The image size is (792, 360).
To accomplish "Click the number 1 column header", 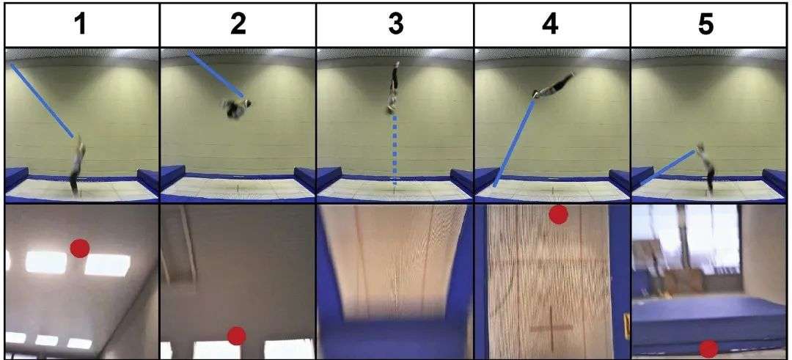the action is point(81,25).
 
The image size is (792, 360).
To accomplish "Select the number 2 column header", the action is point(238,25).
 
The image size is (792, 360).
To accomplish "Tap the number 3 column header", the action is point(396,25).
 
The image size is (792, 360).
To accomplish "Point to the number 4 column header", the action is point(551,25).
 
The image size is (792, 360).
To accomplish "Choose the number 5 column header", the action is point(706,25).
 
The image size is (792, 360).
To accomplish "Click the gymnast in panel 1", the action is point(77,166).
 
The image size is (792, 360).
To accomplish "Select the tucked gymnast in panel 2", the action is point(236,108).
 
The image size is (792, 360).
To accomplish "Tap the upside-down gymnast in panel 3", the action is point(393,87).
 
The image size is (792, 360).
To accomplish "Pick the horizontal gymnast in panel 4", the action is point(553,86).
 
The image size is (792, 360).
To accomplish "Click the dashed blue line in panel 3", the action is point(395,152).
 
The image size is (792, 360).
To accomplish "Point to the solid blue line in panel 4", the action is point(513,144).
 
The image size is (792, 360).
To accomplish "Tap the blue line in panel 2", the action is point(216,74).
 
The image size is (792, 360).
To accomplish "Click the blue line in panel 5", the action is point(670,167).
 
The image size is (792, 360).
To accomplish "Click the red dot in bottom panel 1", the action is point(80,248).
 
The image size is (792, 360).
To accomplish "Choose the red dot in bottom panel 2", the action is point(236,336).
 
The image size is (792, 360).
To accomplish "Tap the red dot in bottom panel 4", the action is point(558,215).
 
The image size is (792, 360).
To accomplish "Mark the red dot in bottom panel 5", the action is point(708,349).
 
